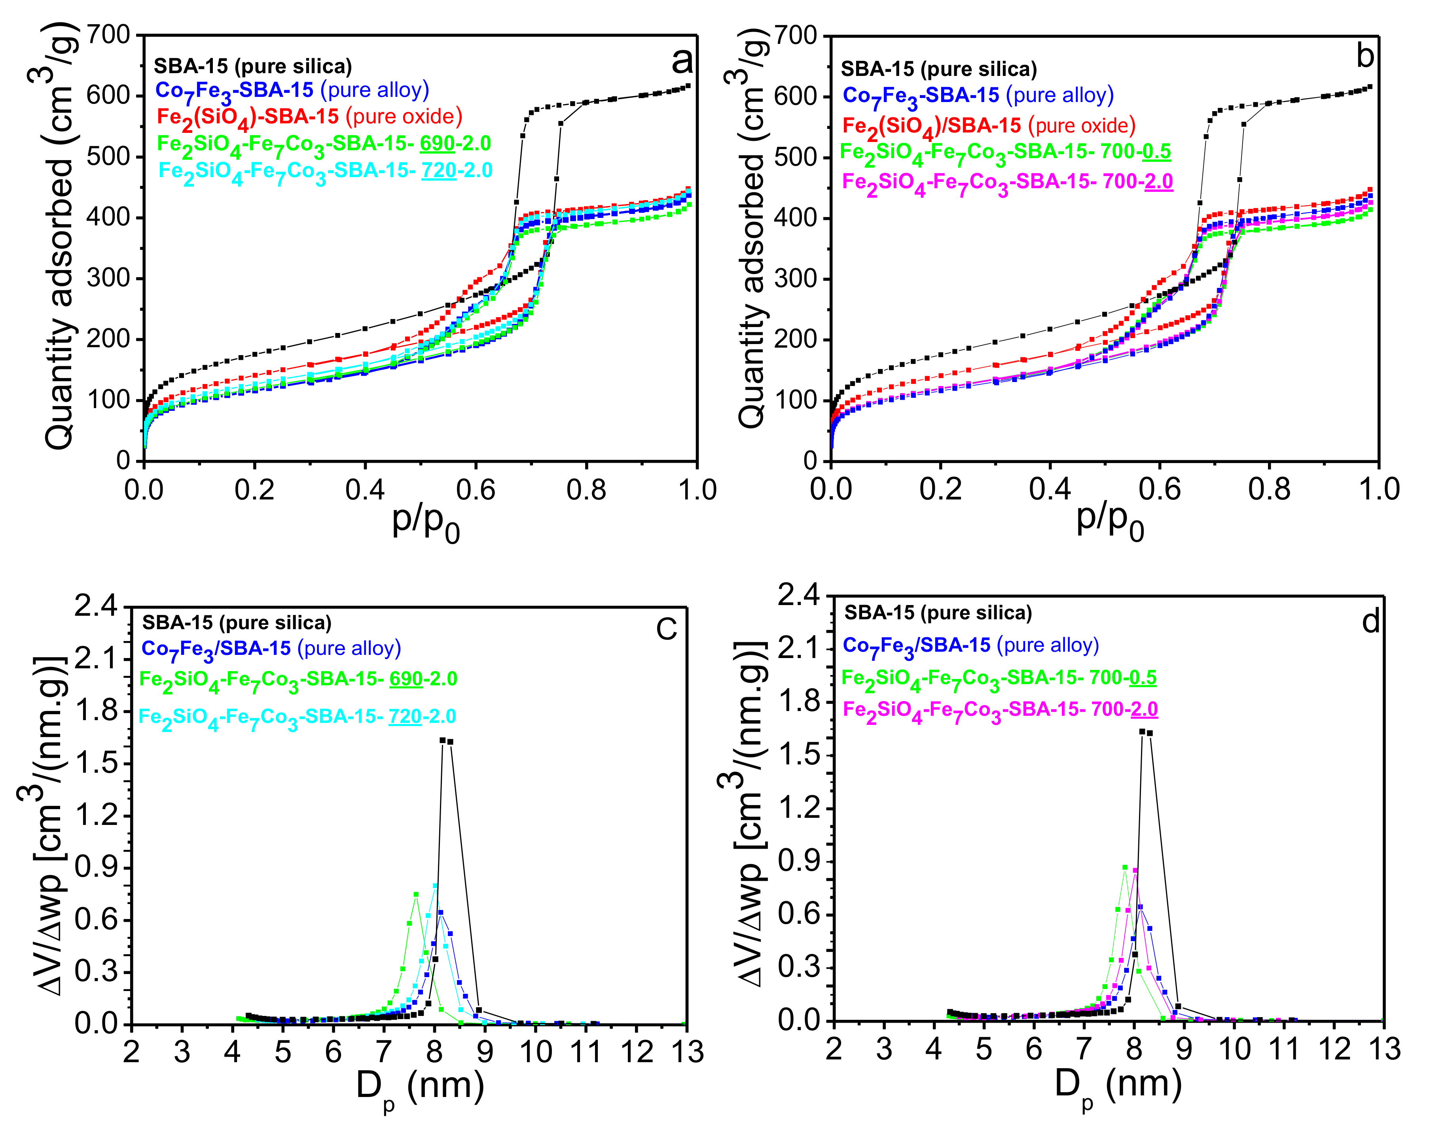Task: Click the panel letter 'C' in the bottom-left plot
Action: coord(667,629)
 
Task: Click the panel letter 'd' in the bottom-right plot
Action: coord(1370,622)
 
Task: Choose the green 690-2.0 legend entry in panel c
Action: coord(298,680)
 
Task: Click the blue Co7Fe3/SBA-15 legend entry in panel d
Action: coord(970,646)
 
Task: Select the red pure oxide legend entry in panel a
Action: coord(309,117)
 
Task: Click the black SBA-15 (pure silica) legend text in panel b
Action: coord(939,69)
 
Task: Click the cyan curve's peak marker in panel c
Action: coord(435,885)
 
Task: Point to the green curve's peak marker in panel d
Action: coord(1124,867)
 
